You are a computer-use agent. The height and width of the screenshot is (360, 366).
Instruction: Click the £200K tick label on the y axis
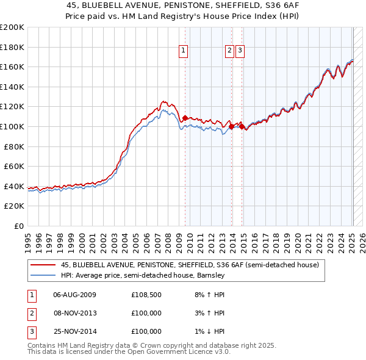tap(12, 27)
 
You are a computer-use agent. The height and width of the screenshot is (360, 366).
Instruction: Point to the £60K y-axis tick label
tap(14, 166)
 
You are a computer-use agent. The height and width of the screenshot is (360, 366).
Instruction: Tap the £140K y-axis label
tap(12, 87)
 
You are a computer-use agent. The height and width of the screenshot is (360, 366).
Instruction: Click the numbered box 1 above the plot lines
tap(184, 51)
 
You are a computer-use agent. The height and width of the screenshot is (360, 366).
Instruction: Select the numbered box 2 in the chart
tap(229, 51)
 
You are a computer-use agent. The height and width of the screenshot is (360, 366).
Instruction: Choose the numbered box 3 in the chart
tap(240, 51)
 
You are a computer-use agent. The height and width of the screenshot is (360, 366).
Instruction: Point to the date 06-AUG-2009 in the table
tap(75, 295)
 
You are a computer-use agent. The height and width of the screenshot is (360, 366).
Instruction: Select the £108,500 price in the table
tap(146, 295)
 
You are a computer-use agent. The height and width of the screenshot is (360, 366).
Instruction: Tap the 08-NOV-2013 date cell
tap(75, 313)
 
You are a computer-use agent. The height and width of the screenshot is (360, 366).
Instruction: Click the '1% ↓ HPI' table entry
tap(210, 331)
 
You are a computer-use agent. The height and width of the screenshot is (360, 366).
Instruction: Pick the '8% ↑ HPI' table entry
tap(210, 295)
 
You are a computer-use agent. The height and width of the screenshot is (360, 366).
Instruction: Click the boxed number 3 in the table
tap(30, 331)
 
